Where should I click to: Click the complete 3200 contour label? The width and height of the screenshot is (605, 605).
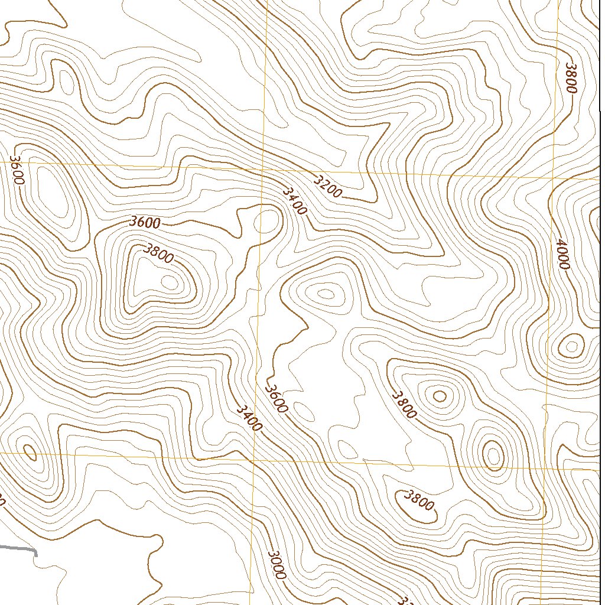click(327, 187)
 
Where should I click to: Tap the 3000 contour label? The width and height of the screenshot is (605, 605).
click(277, 564)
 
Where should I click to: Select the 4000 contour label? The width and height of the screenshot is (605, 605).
click(561, 253)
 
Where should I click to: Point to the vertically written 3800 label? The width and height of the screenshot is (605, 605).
click(570, 77)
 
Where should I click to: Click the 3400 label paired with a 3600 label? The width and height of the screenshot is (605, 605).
click(249, 417)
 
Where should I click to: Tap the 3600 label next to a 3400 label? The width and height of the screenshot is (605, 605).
click(277, 398)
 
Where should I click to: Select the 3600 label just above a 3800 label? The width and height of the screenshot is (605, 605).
click(145, 223)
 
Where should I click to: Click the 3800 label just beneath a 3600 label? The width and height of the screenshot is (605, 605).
click(158, 253)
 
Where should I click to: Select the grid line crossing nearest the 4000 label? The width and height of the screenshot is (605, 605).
click(553, 177)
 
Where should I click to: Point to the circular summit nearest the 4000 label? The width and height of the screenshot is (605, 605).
click(571, 346)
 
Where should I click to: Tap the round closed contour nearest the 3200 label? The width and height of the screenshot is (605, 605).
click(266, 222)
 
